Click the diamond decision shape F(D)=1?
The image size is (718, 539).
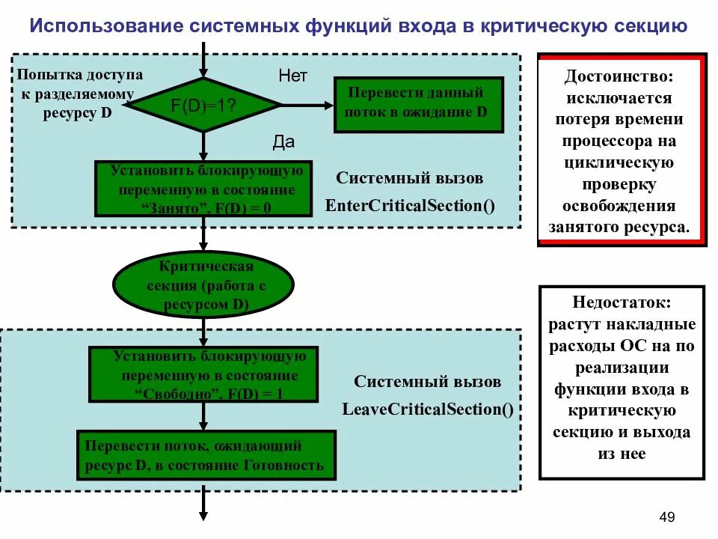click(203, 105)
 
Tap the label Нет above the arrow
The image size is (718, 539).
click(293, 76)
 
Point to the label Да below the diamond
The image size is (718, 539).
click(283, 142)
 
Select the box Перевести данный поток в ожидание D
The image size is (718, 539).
click(417, 104)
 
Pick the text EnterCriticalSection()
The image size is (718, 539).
click(410, 205)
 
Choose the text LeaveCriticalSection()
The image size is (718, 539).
click(428, 409)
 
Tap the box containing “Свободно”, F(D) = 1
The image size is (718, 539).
click(203, 374)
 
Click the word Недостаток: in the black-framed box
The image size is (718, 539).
click(622, 304)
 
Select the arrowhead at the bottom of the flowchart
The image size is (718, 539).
click(203, 514)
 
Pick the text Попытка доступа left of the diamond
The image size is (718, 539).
click(79, 75)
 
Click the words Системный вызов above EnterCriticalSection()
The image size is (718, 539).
click(409, 178)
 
